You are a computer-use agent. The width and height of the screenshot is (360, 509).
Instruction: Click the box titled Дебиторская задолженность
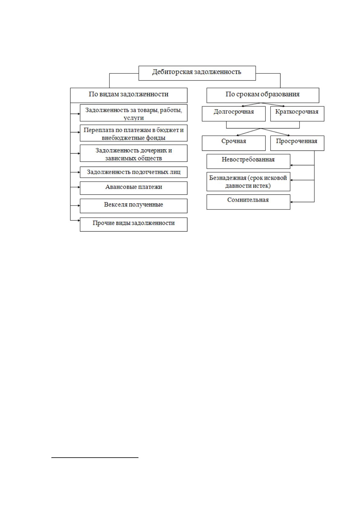[x=197, y=73]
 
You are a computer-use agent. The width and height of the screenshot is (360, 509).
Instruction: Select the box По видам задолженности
[x=129, y=96]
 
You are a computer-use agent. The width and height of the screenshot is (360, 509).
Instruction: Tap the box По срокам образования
[x=263, y=96]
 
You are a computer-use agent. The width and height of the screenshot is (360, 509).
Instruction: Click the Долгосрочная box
[x=234, y=114]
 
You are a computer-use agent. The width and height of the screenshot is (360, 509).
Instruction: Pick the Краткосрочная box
[x=297, y=114]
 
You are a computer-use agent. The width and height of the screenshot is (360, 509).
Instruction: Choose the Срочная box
[x=234, y=143]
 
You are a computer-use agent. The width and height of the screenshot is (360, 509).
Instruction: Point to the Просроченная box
[x=297, y=143]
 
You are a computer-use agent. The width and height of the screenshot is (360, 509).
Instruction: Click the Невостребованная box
[x=248, y=161]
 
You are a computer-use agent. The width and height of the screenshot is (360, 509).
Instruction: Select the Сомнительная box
[x=248, y=202]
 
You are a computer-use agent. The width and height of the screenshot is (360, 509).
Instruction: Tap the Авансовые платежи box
[x=134, y=188]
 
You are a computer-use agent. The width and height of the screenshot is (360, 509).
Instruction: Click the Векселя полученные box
[x=134, y=206]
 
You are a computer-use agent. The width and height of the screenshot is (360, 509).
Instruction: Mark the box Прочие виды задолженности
[x=134, y=225]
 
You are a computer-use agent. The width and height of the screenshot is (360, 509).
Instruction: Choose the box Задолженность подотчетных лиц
[x=134, y=172]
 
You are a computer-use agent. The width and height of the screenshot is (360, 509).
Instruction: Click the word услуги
[x=134, y=118]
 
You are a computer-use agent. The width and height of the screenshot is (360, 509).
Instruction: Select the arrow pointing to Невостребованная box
[x=302, y=165]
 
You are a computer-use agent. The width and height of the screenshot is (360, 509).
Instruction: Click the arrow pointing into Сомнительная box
[x=302, y=202]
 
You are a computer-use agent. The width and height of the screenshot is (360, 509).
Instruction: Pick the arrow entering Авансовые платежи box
[x=75, y=187]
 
